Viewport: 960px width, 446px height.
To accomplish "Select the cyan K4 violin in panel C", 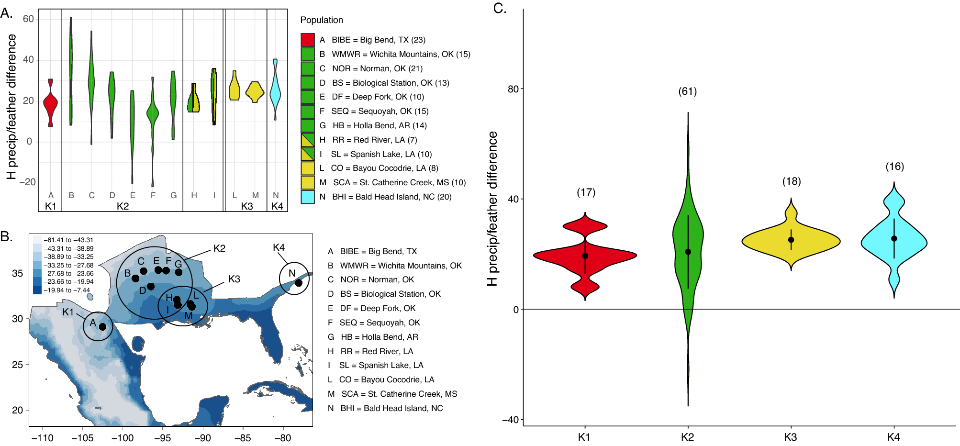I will (893, 242).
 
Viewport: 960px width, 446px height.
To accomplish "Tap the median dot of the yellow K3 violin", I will (791, 240).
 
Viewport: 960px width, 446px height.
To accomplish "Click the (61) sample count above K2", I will (688, 91).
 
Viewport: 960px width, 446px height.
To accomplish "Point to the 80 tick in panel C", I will (513, 89).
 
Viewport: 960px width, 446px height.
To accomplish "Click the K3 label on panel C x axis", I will (791, 437).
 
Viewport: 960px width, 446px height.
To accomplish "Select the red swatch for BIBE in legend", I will (308, 40).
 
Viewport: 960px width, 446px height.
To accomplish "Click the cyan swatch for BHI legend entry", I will (308, 197).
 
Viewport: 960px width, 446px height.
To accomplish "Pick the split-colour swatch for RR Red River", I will (308, 140).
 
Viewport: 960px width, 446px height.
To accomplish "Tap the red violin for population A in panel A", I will (50, 103).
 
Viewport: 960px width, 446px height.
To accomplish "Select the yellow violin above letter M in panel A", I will (255, 91).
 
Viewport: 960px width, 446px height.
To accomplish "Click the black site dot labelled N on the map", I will (299, 283).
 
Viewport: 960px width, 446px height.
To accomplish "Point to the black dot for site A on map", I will (102, 327).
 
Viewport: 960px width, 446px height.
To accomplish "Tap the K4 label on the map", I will (279, 247).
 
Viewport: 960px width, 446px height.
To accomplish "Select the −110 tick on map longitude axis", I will (43, 438).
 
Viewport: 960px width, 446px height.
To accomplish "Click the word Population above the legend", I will (322, 20).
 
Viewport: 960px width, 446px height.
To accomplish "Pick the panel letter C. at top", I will (500, 9).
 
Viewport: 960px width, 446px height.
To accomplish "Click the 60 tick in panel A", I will (28, 19).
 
